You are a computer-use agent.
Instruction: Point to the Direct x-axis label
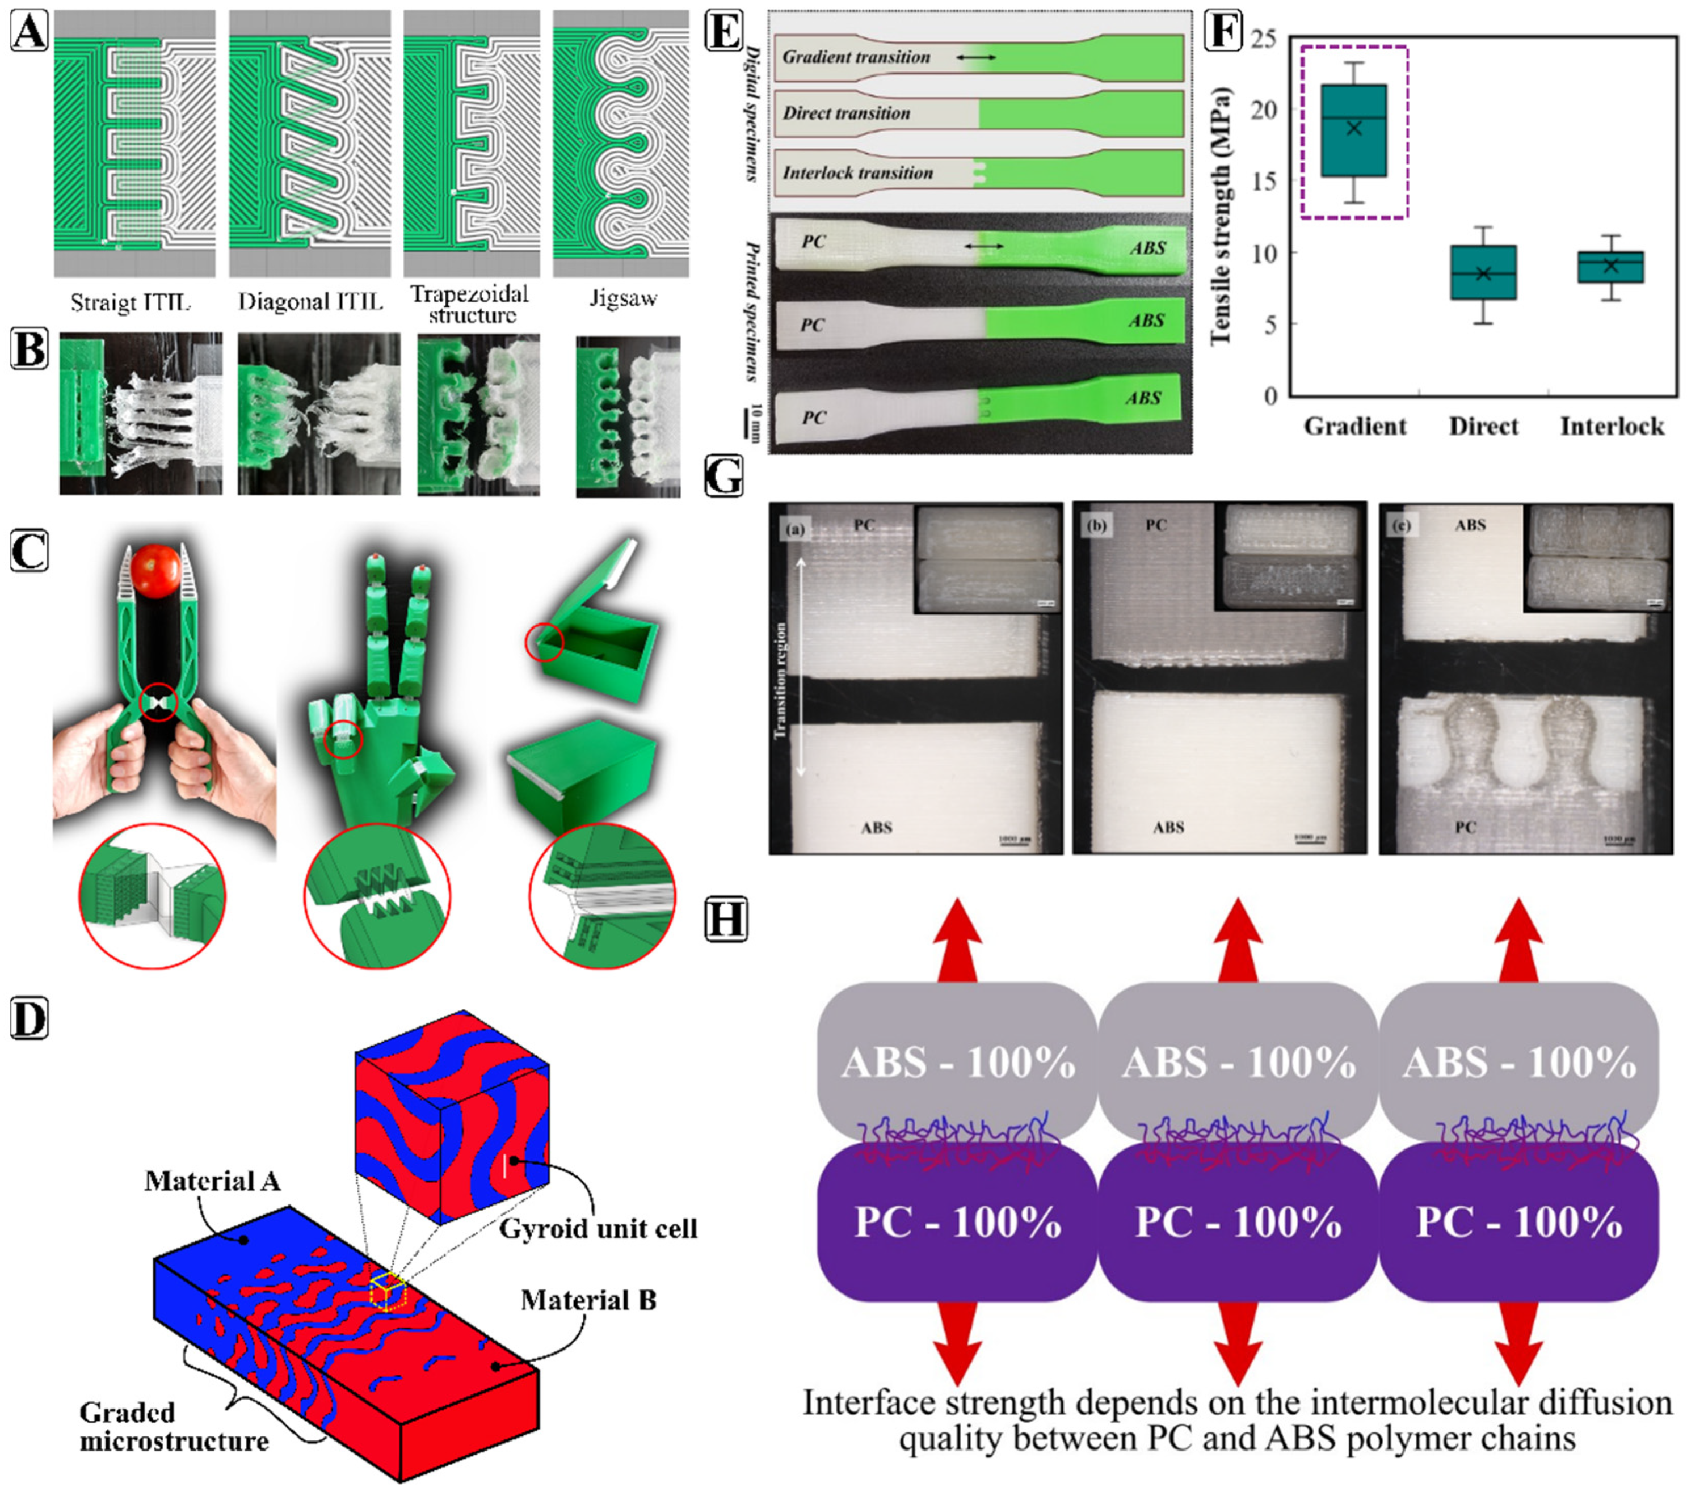click(1483, 427)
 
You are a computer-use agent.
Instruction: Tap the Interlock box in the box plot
click(1610, 267)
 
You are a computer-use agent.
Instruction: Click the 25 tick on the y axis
click(1263, 39)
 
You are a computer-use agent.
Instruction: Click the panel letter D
click(30, 1020)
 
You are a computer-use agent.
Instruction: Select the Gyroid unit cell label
click(599, 1229)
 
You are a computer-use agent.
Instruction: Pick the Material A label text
click(212, 1182)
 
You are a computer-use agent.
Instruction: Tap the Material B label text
click(588, 1300)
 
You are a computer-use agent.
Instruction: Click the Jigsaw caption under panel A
click(623, 299)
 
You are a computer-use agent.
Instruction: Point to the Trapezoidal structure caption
click(470, 305)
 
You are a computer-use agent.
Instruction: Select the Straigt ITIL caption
click(131, 302)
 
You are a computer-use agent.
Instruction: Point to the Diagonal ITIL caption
click(310, 302)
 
